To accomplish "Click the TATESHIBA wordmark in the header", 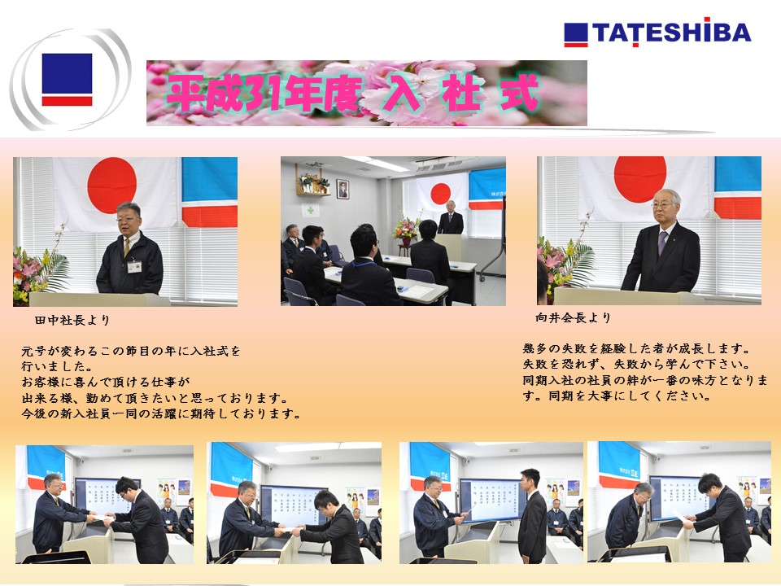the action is click(x=657, y=33).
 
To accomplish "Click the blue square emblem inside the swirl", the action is click(x=67, y=73).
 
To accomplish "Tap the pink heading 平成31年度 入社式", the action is click(x=352, y=93).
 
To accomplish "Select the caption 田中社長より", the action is click(x=72, y=320).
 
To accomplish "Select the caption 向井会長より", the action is click(x=574, y=317).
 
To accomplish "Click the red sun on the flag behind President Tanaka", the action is click(x=112, y=186).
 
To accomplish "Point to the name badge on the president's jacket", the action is click(x=134, y=267).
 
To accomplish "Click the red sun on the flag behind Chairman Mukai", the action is click(x=640, y=179).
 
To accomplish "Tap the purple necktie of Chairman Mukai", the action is click(x=662, y=243).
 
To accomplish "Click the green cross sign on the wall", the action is click(x=310, y=210).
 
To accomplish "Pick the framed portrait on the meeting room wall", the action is click(x=343, y=190).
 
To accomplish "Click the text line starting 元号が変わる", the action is click(x=131, y=352).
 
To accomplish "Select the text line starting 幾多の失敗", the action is click(x=636, y=348).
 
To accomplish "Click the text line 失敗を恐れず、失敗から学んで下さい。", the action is click(x=636, y=365).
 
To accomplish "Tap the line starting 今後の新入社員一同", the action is click(x=161, y=413).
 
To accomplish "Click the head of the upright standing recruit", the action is click(x=530, y=479).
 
